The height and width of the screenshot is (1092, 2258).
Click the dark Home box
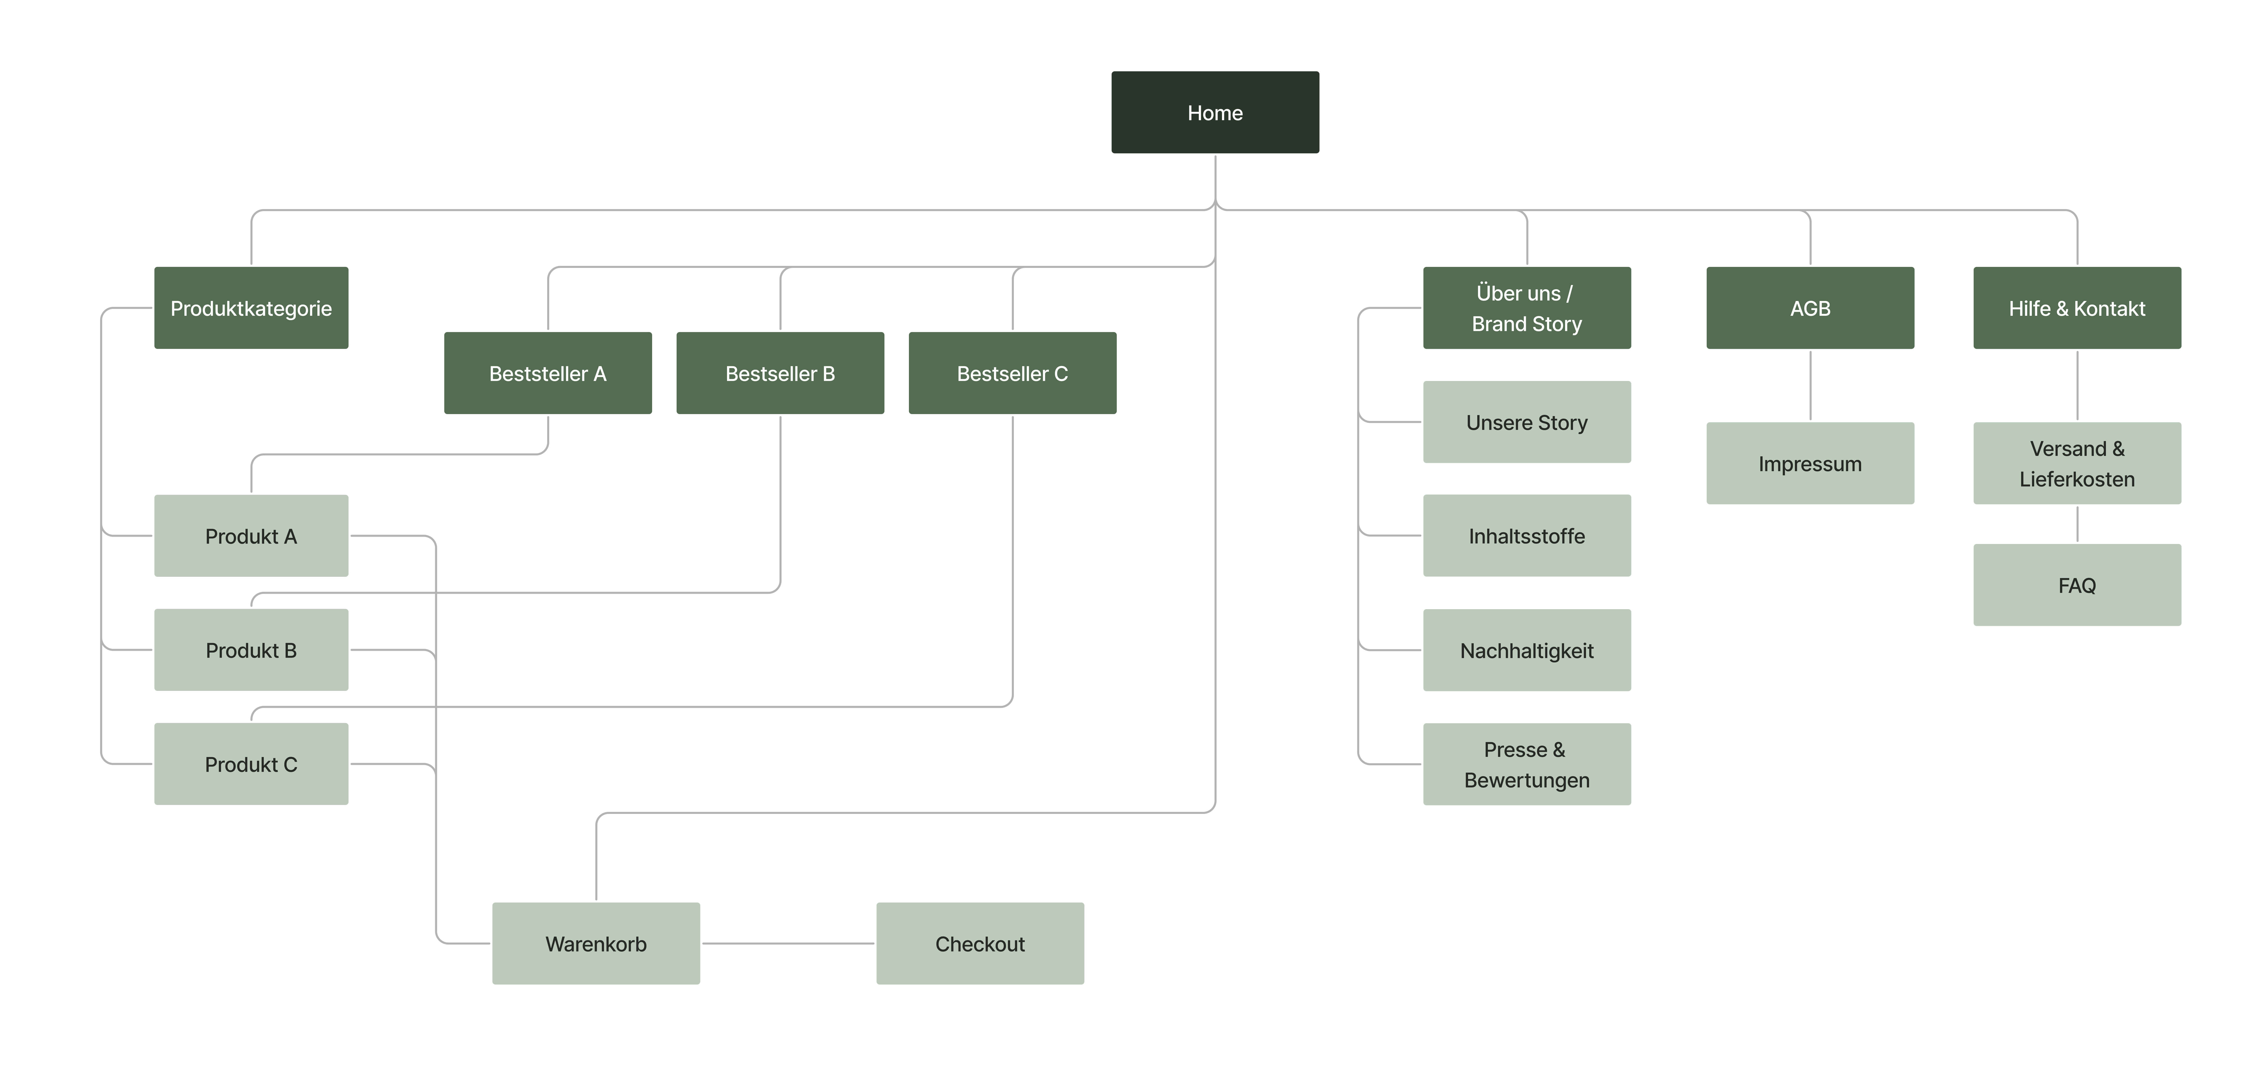(x=1215, y=112)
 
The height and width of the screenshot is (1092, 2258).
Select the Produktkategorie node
(x=251, y=308)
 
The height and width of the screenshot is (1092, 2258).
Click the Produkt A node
(x=251, y=536)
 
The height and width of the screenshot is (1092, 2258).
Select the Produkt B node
(x=251, y=649)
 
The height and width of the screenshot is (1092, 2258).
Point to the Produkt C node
(x=251, y=763)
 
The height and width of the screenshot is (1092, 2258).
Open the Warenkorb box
(x=596, y=943)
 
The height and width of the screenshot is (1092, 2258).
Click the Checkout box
(x=980, y=943)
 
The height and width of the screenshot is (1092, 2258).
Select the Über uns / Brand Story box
(x=1527, y=308)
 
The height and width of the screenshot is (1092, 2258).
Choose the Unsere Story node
(x=1527, y=421)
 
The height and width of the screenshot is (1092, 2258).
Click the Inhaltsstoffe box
(x=1527, y=536)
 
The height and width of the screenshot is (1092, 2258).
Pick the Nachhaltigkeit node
(x=1527, y=649)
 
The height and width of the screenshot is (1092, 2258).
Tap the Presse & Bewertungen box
(x=1527, y=763)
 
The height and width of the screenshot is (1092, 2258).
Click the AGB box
(x=1810, y=308)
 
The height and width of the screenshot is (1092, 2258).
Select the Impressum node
(x=1810, y=463)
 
